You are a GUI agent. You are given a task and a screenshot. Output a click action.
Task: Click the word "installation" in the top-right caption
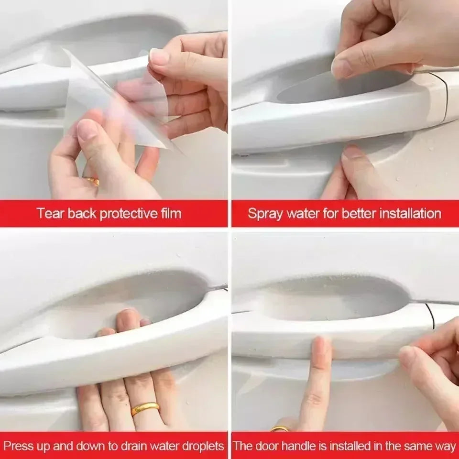tap(410, 213)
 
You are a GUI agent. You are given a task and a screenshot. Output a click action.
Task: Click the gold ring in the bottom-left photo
tap(145, 408)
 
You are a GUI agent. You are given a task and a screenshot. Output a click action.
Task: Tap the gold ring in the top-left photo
tap(92, 181)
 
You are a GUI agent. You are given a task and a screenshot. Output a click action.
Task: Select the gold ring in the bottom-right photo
tap(281, 428)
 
